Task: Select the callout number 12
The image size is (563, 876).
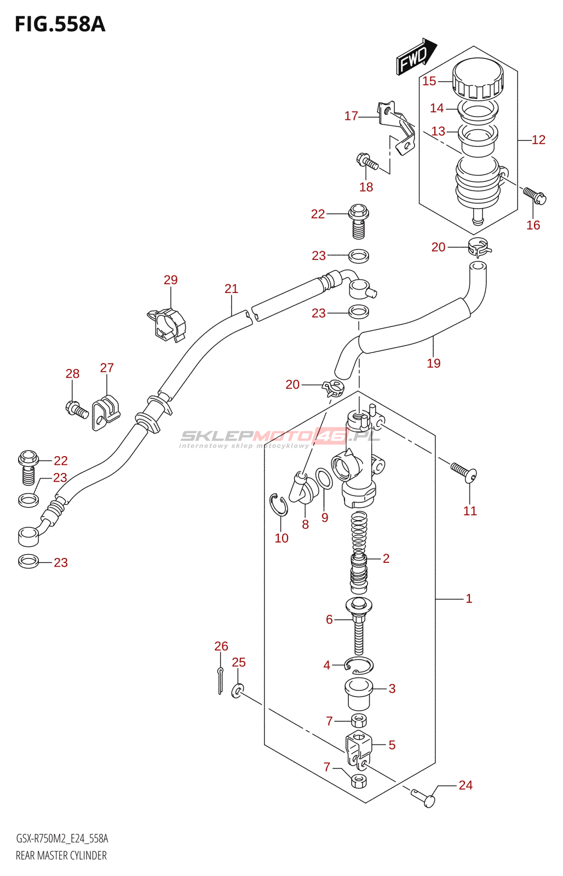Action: click(538, 140)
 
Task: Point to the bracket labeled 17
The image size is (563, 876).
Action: click(395, 128)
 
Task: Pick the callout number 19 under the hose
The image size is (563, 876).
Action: click(434, 364)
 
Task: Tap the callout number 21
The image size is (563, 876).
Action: click(231, 289)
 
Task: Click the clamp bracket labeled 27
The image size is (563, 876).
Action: click(106, 413)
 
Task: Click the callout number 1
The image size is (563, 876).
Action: click(469, 598)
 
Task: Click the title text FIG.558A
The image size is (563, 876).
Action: click(60, 24)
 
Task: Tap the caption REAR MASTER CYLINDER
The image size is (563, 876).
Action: click(61, 856)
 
